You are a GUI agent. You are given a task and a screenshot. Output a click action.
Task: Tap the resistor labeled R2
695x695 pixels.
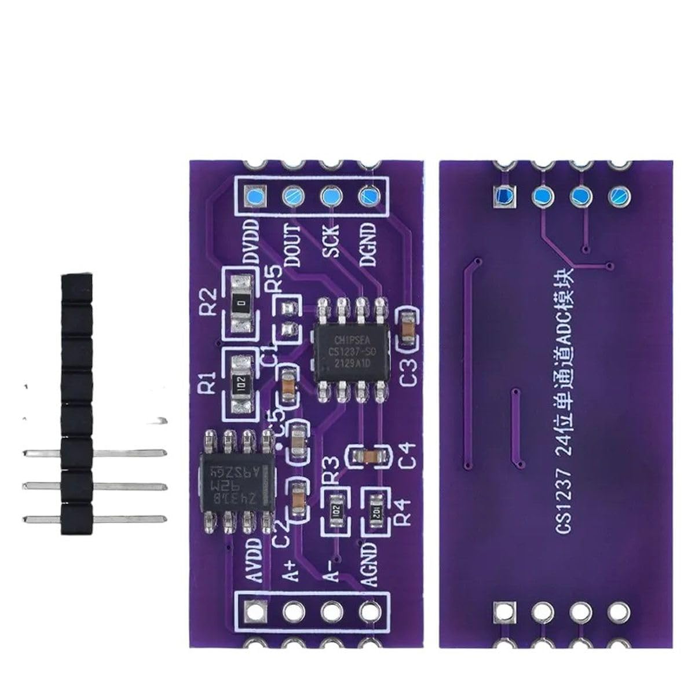pos(243,302)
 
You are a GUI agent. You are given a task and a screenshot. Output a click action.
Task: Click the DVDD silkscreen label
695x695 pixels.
pos(251,243)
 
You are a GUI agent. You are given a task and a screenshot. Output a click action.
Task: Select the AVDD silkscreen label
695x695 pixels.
pos(253,562)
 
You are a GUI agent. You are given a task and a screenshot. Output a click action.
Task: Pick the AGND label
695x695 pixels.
pos(368,565)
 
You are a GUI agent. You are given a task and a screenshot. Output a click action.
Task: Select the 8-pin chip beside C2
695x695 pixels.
pos(237,481)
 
